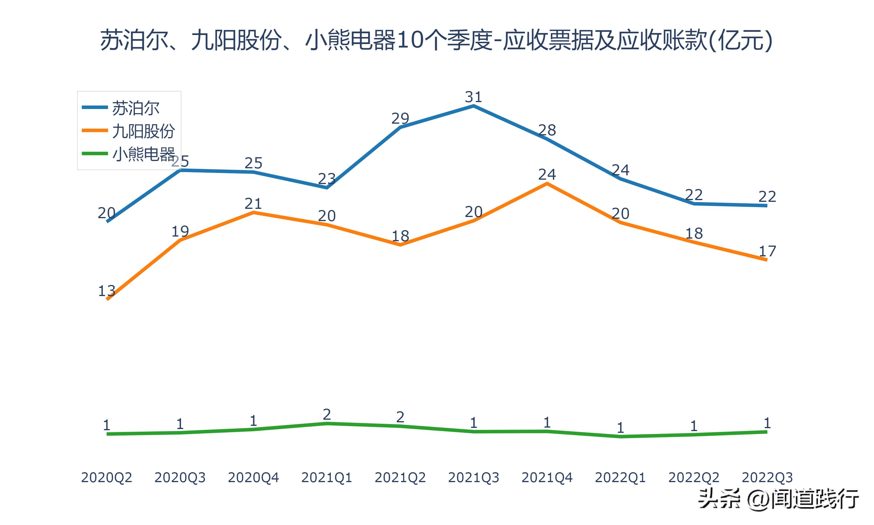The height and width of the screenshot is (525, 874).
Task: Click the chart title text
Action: click(x=436, y=40)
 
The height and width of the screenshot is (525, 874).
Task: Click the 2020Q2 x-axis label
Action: click(x=106, y=477)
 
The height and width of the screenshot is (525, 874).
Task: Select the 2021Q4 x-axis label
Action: click(x=547, y=477)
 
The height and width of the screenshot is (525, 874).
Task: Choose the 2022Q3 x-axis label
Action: click(x=767, y=477)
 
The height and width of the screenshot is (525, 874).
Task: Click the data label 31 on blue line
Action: click(x=473, y=97)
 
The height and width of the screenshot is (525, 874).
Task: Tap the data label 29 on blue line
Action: click(x=400, y=118)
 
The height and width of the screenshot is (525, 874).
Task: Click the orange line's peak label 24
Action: click(x=547, y=175)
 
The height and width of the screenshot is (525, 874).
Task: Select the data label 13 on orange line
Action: click(x=106, y=291)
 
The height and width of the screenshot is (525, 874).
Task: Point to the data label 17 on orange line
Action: click(x=767, y=251)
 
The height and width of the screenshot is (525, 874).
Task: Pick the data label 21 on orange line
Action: click(x=253, y=204)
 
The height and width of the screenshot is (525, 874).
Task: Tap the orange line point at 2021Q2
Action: click(x=400, y=244)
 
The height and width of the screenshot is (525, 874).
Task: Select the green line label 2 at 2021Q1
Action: click(x=327, y=414)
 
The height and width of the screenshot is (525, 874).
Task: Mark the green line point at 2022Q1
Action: click(x=620, y=437)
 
